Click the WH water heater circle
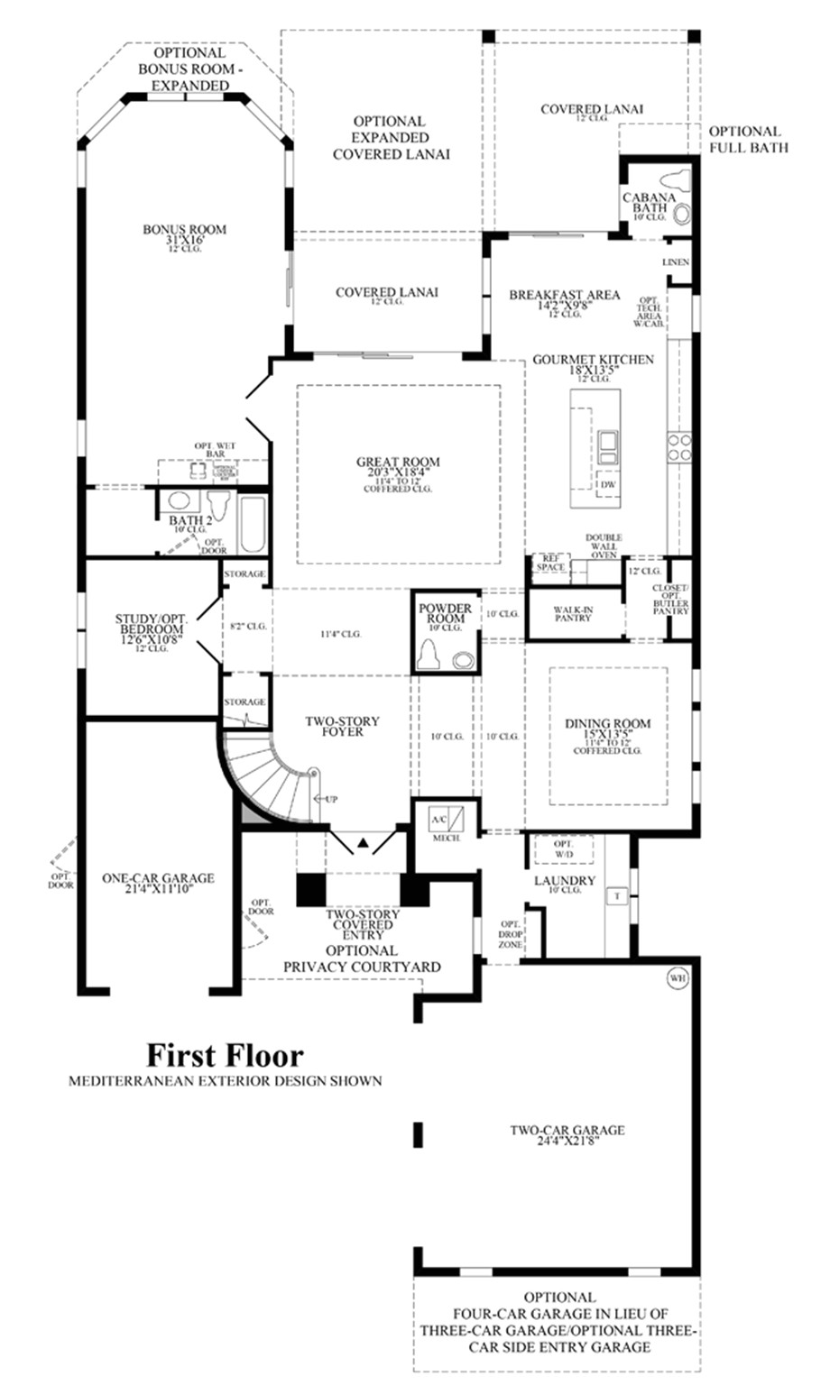point(677,977)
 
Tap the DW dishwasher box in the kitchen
point(609,484)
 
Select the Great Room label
point(398,463)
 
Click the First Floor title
point(226,1055)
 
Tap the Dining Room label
point(607,723)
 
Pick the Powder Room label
point(445,613)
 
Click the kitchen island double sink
point(608,443)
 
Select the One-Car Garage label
point(158,877)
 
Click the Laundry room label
point(565,880)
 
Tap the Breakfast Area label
point(564,295)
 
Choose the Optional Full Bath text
point(748,139)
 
